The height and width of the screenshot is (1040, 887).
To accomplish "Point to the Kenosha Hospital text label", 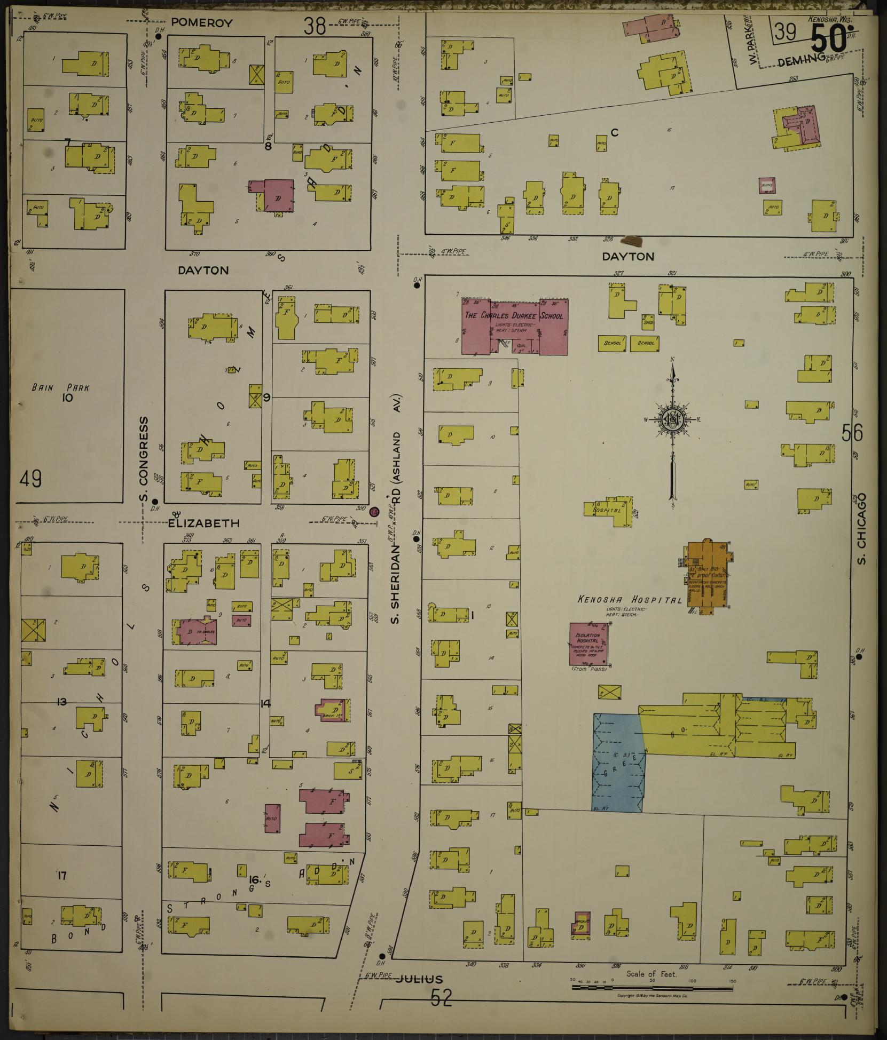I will pyautogui.click(x=630, y=600).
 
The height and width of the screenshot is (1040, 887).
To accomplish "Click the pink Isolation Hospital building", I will pyautogui.click(x=589, y=644).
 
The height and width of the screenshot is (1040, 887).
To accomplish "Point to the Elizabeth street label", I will pyautogui.click(x=204, y=523).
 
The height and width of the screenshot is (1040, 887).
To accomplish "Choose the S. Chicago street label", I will pyautogui.click(x=860, y=528).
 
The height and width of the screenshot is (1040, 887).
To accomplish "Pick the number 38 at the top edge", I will pyautogui.click(x=315, y=26).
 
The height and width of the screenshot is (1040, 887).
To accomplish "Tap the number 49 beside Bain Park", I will pyautogui.click(x=30, y=479).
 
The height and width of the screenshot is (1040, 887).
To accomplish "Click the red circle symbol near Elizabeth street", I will pyautogui.click(x=374, y=512).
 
